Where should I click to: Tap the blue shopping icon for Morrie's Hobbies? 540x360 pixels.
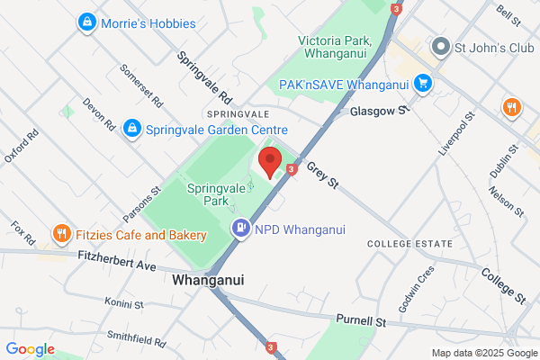[x=86, y=21]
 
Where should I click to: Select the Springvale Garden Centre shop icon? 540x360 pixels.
[x=132, y=129]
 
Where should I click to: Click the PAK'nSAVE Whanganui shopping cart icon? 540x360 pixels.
[x=423, y=85]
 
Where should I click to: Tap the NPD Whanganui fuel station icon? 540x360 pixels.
[x=240, y=229]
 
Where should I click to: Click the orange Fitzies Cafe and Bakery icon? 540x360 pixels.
[x=62, y=235]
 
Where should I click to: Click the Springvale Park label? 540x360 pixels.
[x=215, y=196]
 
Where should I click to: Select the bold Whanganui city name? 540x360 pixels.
[x=208, y=280]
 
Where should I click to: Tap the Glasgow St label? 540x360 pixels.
[x=380, y=110]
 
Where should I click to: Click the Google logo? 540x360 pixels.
[x=30, y=349]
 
